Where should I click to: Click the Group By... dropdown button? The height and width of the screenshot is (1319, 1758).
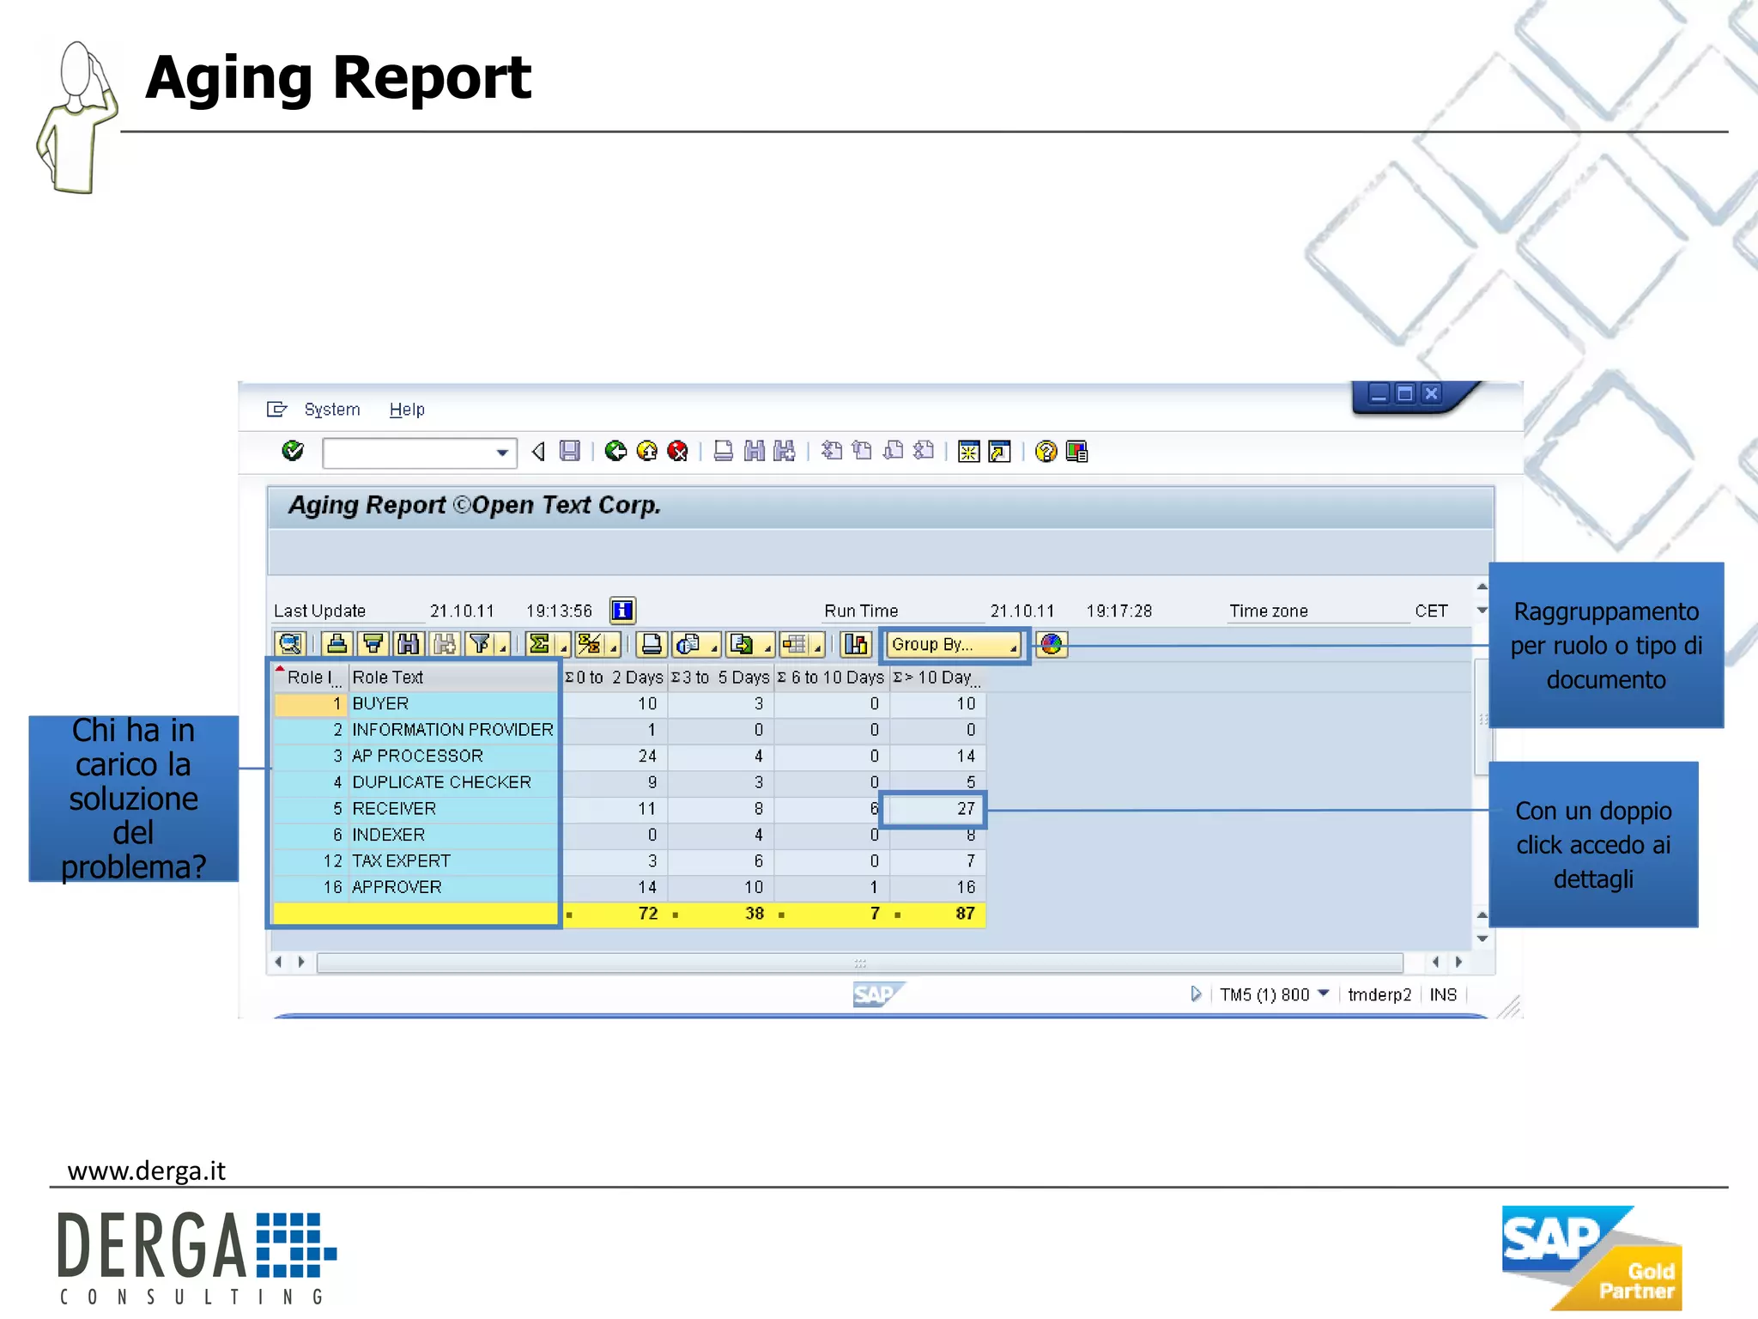point(953,644)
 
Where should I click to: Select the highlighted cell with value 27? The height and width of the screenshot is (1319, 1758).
point(934,809)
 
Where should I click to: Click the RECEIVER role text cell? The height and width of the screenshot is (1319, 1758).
point(394,809)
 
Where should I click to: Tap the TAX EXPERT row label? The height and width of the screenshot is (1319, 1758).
point(401,861)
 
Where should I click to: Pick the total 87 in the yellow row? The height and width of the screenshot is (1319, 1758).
point(964,914)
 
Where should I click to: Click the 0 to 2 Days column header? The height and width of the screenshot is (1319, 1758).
point(615,678)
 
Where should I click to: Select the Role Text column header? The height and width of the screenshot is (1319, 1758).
point(388,678)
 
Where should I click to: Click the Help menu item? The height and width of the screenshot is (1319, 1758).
point(407,410)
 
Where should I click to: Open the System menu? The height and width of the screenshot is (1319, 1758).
point(331,410)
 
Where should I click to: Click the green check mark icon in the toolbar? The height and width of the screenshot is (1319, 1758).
point(293,451)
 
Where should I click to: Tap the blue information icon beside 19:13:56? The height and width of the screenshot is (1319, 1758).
point(622,611)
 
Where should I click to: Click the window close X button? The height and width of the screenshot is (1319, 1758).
point(1431,394)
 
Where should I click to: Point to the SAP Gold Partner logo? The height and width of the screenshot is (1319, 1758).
point(1591,1258)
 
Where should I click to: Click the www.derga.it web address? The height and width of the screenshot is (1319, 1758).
point(146,1171)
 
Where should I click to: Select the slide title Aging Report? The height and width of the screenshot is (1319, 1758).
point(338,77)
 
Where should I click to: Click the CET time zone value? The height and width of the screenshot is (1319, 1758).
point(1431,611)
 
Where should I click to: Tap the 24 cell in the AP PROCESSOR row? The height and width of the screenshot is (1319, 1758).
point(646,757)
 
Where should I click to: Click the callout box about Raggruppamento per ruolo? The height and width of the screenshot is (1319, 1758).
point(1605,645)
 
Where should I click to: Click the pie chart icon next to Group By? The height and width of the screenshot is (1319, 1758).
point(1052,644)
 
